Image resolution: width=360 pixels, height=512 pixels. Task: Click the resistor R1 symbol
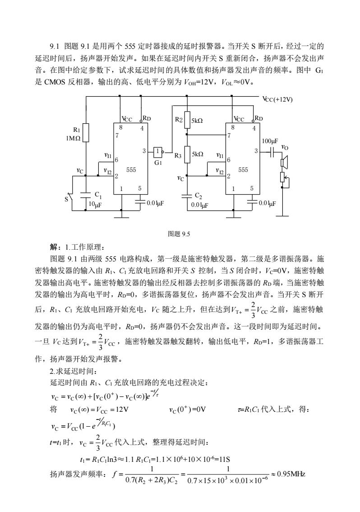(x=86, y=133)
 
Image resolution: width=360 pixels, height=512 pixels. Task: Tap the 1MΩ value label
(x=73, y=138)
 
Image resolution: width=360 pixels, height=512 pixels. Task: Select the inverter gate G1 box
(x=157, y=151)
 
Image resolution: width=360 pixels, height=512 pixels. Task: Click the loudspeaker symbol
(x=284, y=162)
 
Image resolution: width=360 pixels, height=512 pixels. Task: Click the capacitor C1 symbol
(x=86, y=195)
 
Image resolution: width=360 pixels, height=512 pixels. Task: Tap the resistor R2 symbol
(x=187, y=120)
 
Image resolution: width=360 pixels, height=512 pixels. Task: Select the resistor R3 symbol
(x=187, y=154)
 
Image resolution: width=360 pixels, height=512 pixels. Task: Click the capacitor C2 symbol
(x=187, y=196)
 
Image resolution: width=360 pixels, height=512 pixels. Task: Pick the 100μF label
(x=270, y=141)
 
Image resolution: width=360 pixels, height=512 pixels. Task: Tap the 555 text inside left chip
(x=131, y=170)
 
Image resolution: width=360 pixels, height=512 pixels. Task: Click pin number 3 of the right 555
(x=256, y=151)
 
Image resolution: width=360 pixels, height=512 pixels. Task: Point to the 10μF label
(x=95, y=205)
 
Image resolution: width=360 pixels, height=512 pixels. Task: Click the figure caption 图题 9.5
(x=179, y=234)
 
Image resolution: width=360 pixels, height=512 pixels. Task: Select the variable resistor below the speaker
(x=283, y=178)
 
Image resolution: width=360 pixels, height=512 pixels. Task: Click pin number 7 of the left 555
(x=116, y=135)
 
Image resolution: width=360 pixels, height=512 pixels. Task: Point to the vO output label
(x=285, y=148)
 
